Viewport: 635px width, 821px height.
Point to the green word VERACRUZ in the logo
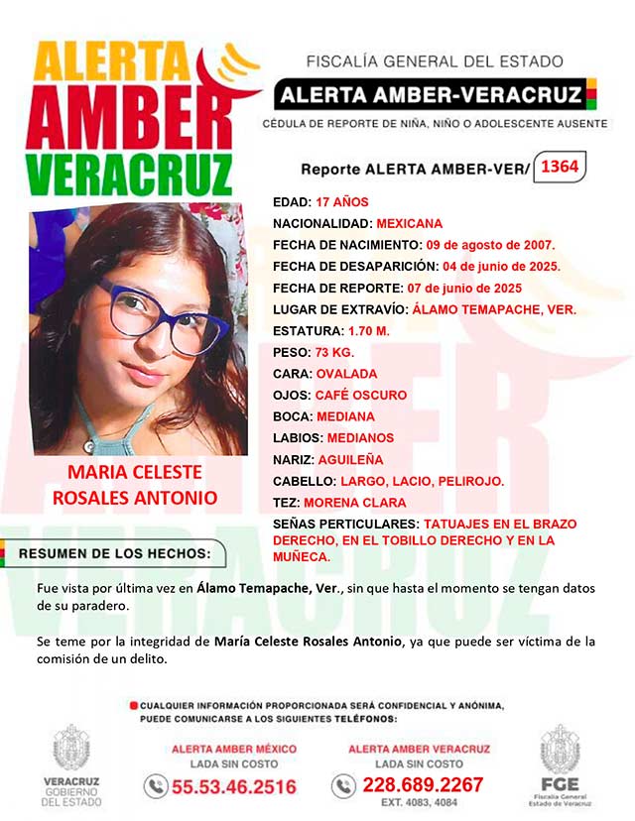129,176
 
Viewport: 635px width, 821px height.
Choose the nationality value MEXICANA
409,224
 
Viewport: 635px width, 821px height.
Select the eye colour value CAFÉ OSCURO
360,395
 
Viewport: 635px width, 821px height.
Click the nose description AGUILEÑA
349,459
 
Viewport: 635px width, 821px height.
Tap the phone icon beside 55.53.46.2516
155,787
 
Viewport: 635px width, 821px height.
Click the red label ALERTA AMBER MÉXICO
234,749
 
